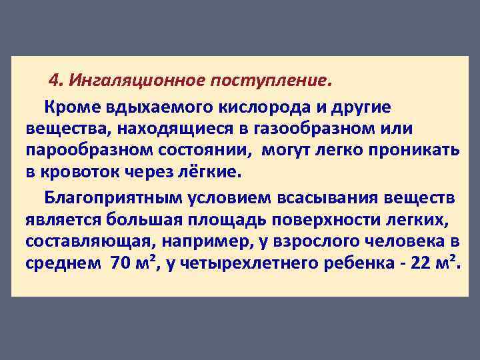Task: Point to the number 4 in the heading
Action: click(x=55, y=81)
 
